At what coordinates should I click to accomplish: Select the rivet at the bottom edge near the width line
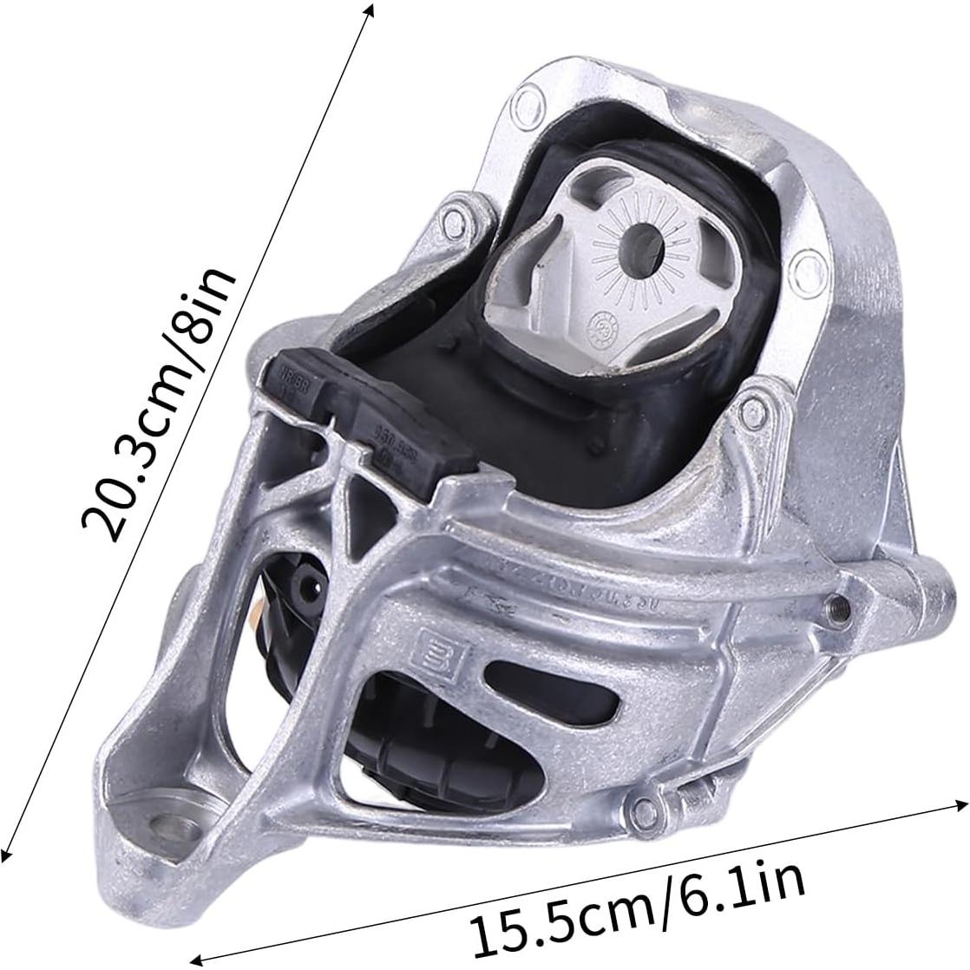point(643,810)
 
